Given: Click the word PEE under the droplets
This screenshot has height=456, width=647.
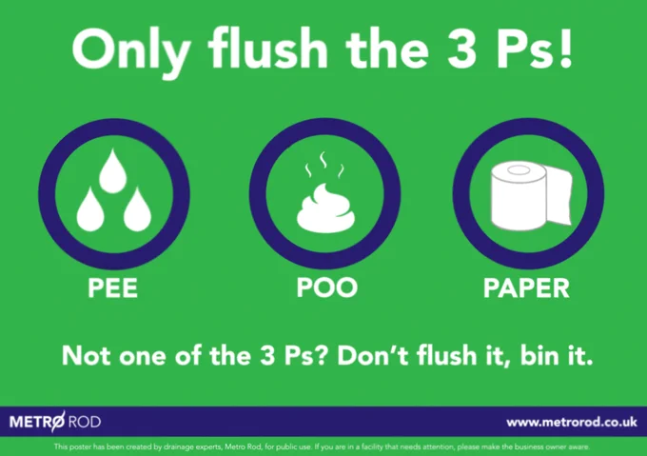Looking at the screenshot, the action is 112,287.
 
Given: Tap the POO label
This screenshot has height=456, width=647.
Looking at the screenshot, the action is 326,287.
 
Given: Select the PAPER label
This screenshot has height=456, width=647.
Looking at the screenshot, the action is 526,287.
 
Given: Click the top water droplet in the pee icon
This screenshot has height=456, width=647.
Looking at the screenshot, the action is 113,171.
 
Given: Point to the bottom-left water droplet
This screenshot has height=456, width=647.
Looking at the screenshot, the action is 90,209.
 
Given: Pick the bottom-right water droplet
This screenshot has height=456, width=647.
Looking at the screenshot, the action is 137,209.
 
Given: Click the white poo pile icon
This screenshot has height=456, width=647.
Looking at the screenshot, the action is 326,208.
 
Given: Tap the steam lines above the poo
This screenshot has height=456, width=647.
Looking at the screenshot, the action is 324,165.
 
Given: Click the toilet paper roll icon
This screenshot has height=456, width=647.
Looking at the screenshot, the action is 532,195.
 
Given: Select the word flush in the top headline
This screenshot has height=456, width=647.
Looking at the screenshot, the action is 267,48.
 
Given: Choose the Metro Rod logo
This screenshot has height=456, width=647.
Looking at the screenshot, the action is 55,422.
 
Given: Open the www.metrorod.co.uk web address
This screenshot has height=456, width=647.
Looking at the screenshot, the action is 572,422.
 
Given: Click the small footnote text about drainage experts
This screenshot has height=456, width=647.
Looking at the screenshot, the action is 322,446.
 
